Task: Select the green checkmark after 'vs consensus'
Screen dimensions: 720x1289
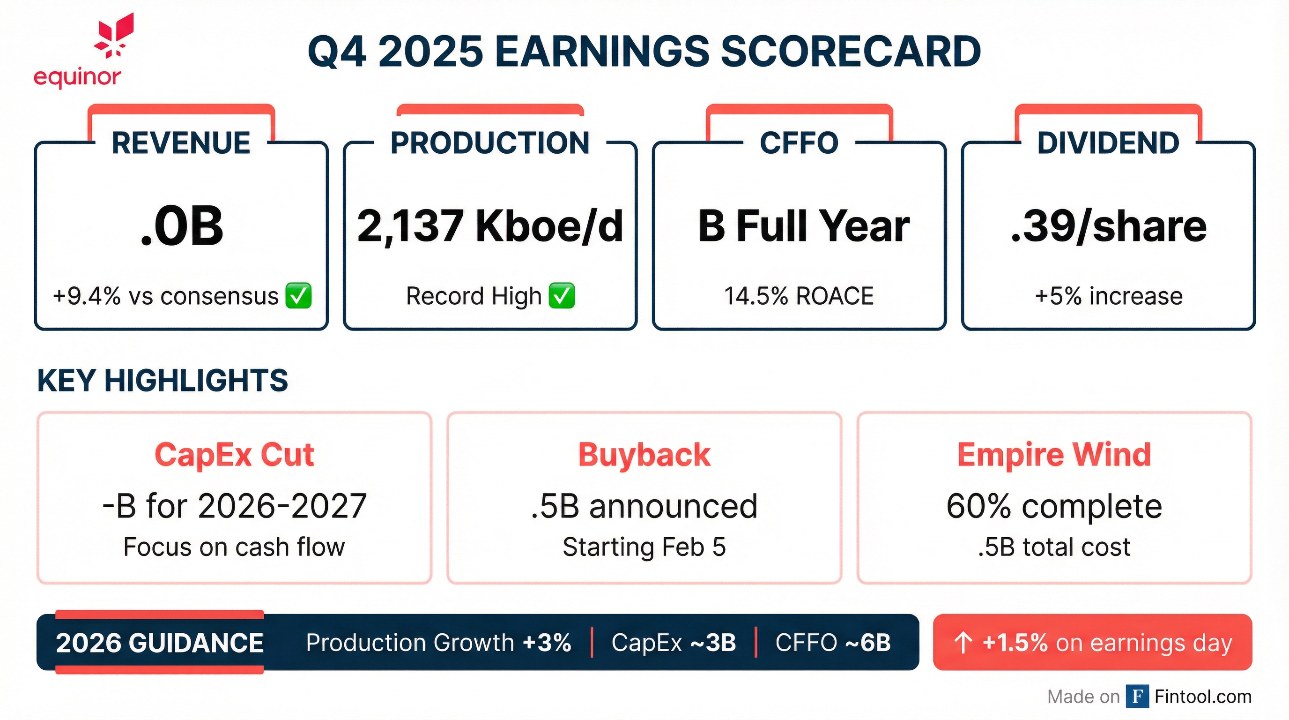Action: [298, 295]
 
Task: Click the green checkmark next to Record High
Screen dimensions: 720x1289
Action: [562, 295]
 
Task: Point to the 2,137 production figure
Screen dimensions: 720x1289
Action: [410, 226]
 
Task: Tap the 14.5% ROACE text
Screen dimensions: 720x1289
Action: [799, 296]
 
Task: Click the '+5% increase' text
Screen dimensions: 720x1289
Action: [1108, 296]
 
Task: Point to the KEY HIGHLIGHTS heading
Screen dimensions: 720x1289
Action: [163, 381]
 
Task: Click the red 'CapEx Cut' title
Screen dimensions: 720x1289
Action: [234, 455]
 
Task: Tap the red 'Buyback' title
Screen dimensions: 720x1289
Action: [644, 455]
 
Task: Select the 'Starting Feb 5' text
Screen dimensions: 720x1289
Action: [644, 547]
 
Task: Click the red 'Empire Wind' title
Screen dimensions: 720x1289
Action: [1054, 455]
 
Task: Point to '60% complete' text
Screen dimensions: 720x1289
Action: [1054, 506]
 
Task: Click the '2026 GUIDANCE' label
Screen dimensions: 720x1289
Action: [159, 643]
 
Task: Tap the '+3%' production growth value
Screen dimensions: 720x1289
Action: [547, 643]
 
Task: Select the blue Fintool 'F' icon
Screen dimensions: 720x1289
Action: [1137, 697]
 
